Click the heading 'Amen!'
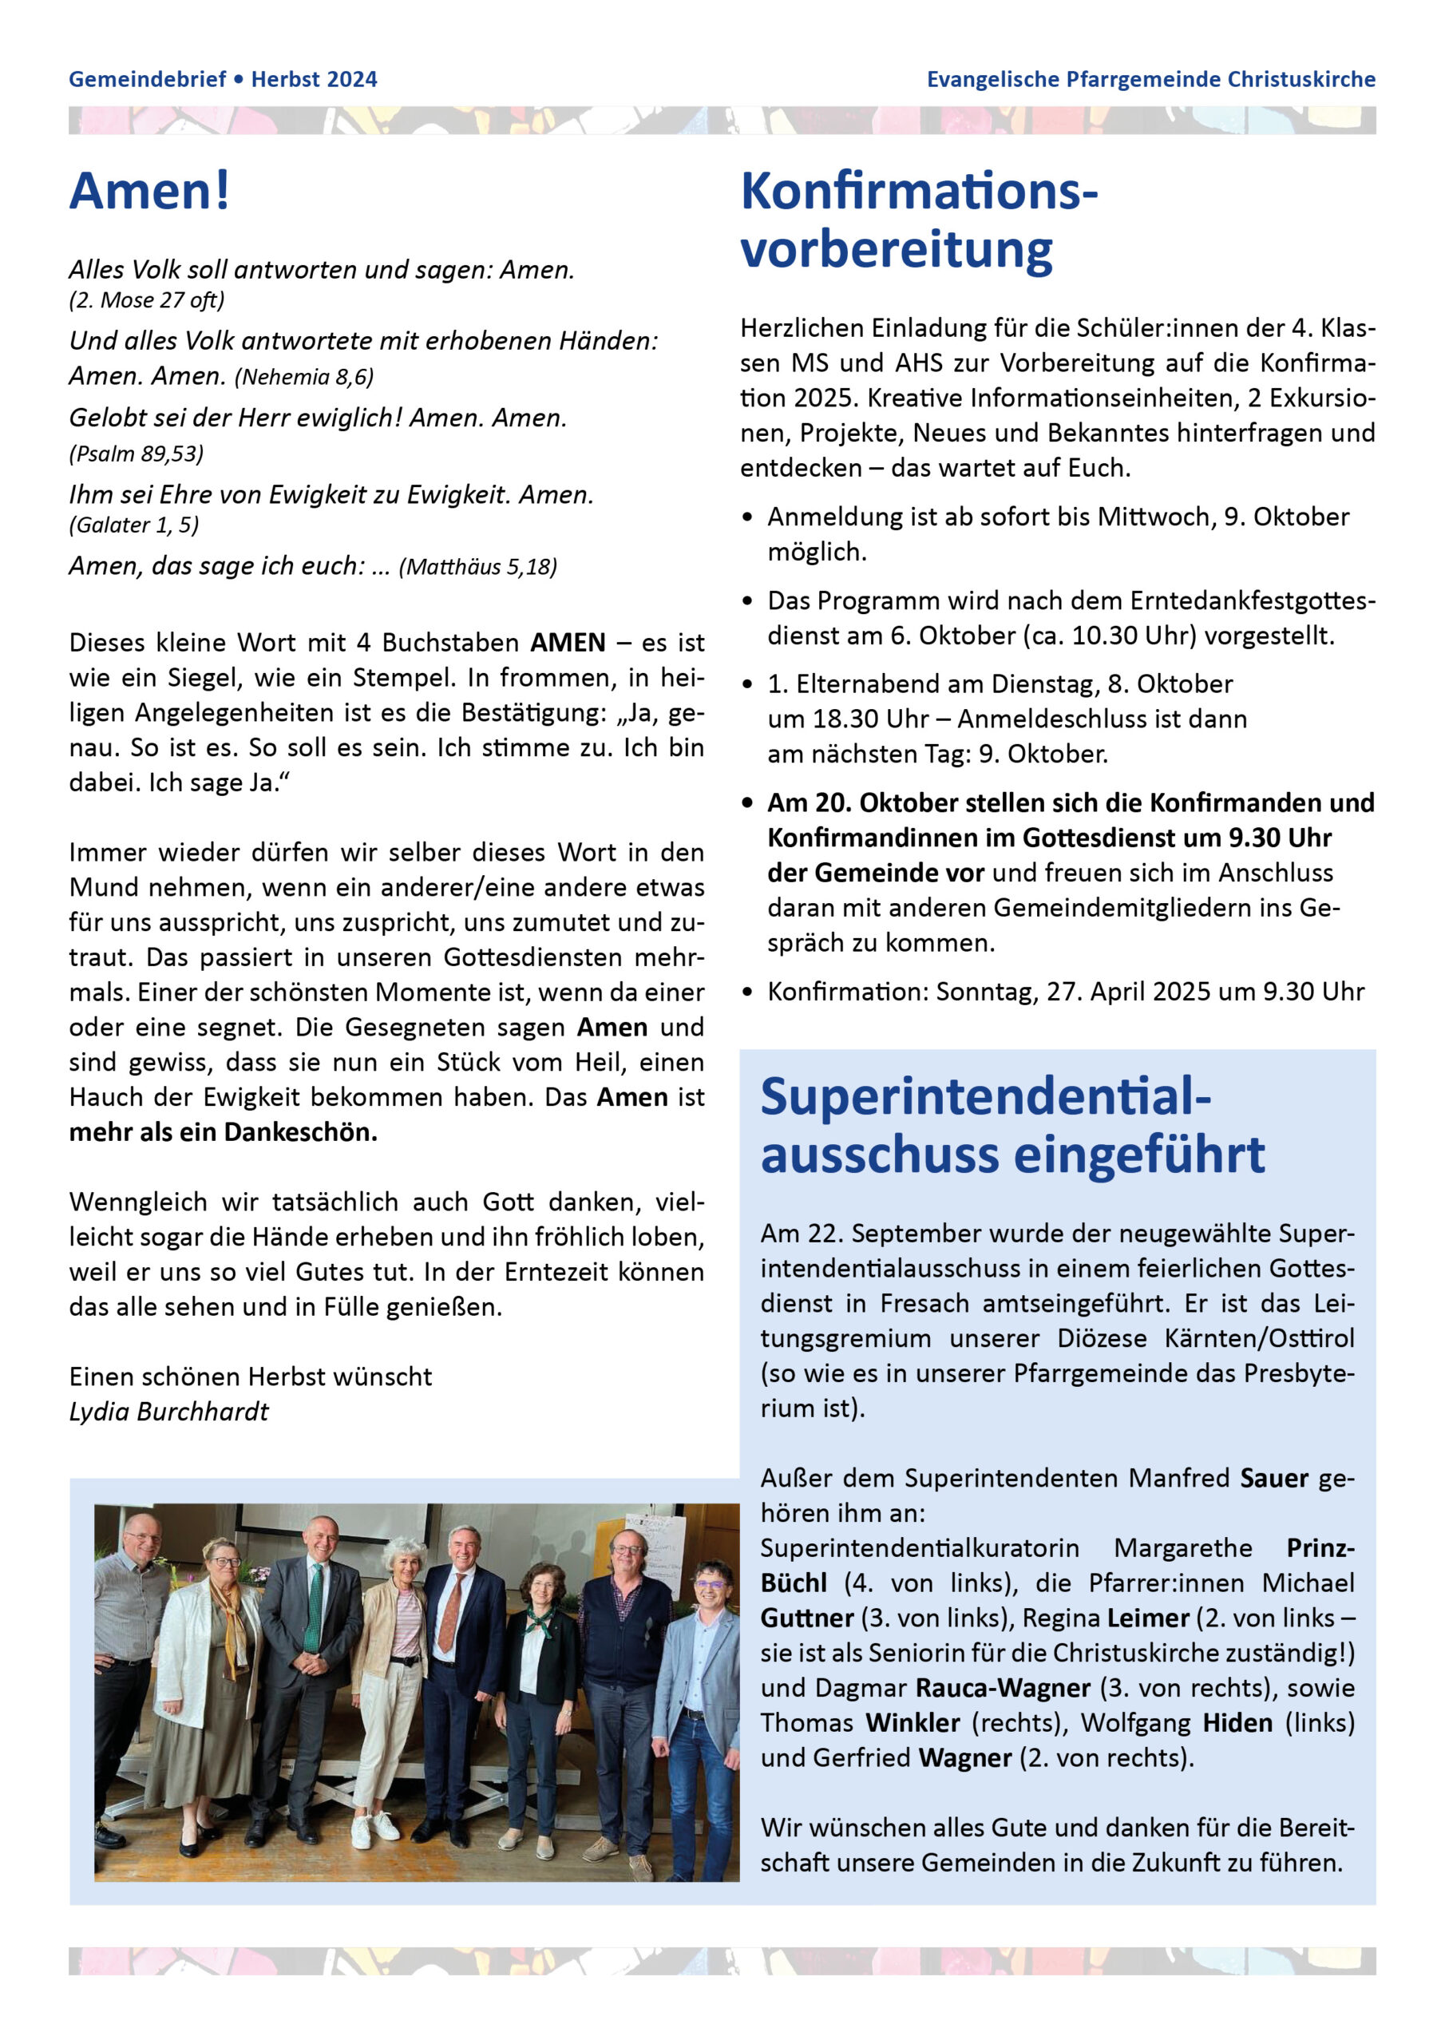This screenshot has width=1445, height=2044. click(x=149, y=191)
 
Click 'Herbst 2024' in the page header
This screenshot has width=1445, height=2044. click(x=315, y=79)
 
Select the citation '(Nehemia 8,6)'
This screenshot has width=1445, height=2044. click(x=303, y=377)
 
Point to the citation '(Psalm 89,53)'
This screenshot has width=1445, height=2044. click(x=137, y=454)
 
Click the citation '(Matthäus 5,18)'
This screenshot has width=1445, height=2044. click(x=477, y=566)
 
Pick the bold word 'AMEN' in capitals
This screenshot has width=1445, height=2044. click(x=568, y=642)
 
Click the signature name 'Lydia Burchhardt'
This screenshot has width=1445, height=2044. click(x=168, y=1411)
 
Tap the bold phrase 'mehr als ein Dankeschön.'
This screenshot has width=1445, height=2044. click(x=224, y=1131)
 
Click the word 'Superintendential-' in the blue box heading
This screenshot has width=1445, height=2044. click(x=986, y=1096)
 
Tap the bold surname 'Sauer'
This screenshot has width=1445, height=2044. click(x=1274, y=1478)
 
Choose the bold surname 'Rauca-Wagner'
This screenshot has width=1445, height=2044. click(x=1003, y=1687)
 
